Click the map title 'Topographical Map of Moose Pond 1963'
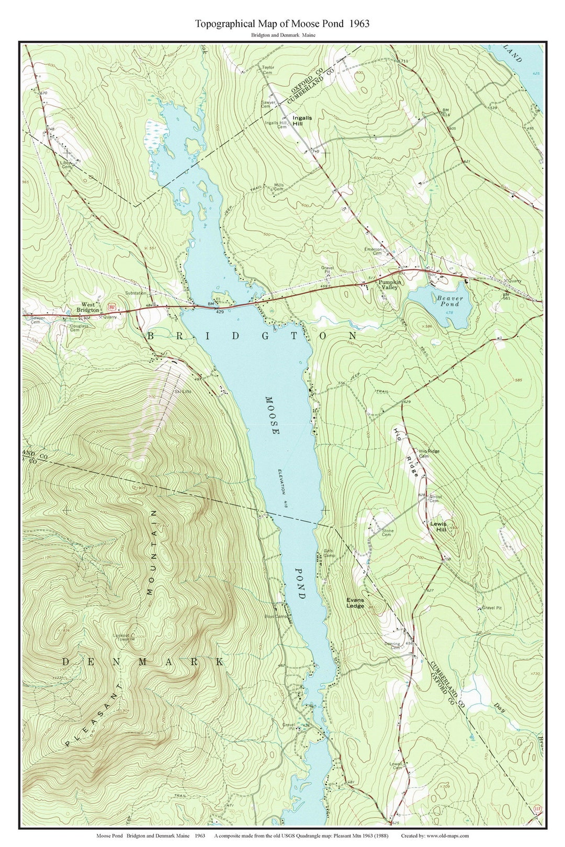point(282,24)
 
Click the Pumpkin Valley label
point(390,285)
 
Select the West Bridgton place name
point(89,307)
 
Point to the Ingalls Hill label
point(302,121)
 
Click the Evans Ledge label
point(355,603)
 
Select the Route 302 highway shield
point(111,306)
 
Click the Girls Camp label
point(329,553)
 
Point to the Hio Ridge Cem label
point(429,453)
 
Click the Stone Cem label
point(388,532)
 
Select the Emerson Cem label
point(374,251)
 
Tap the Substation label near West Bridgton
point(135,293)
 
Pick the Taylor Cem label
point(268,70)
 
